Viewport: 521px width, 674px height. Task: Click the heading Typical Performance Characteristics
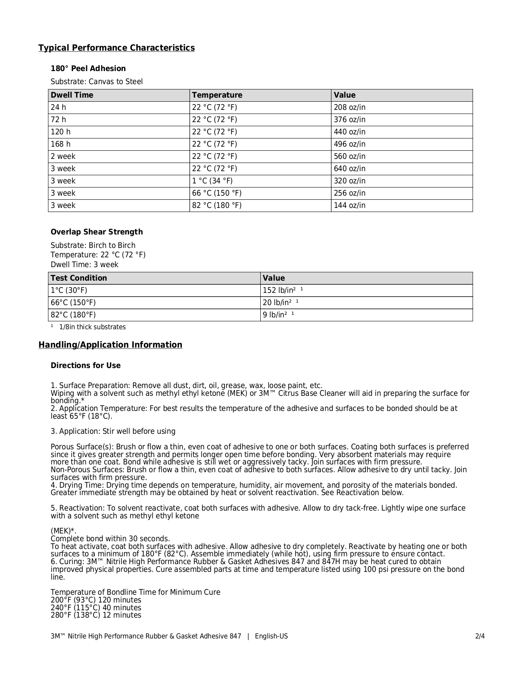116,48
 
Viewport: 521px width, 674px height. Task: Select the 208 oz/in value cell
349,107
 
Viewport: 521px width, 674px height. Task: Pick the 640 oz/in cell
349,169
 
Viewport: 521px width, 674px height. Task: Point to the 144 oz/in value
349,205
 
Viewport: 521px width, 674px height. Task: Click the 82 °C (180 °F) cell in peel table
217,205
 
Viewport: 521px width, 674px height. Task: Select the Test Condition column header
78,278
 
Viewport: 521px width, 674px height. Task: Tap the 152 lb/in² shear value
279,290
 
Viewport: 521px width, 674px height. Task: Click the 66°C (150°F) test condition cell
73,303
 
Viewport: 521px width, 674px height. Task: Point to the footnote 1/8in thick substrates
92,327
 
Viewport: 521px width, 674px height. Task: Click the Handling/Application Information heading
110,345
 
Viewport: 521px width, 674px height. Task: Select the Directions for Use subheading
85,366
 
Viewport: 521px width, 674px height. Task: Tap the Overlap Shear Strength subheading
96,232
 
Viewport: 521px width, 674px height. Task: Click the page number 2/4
480,636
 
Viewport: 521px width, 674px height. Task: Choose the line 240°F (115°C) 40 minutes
96,607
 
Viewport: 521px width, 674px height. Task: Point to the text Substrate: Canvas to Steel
96,82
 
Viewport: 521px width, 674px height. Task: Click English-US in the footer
271,636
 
